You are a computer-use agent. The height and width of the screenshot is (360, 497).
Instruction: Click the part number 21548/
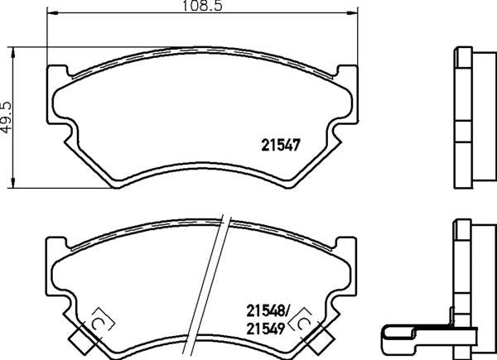pos(268,310)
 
